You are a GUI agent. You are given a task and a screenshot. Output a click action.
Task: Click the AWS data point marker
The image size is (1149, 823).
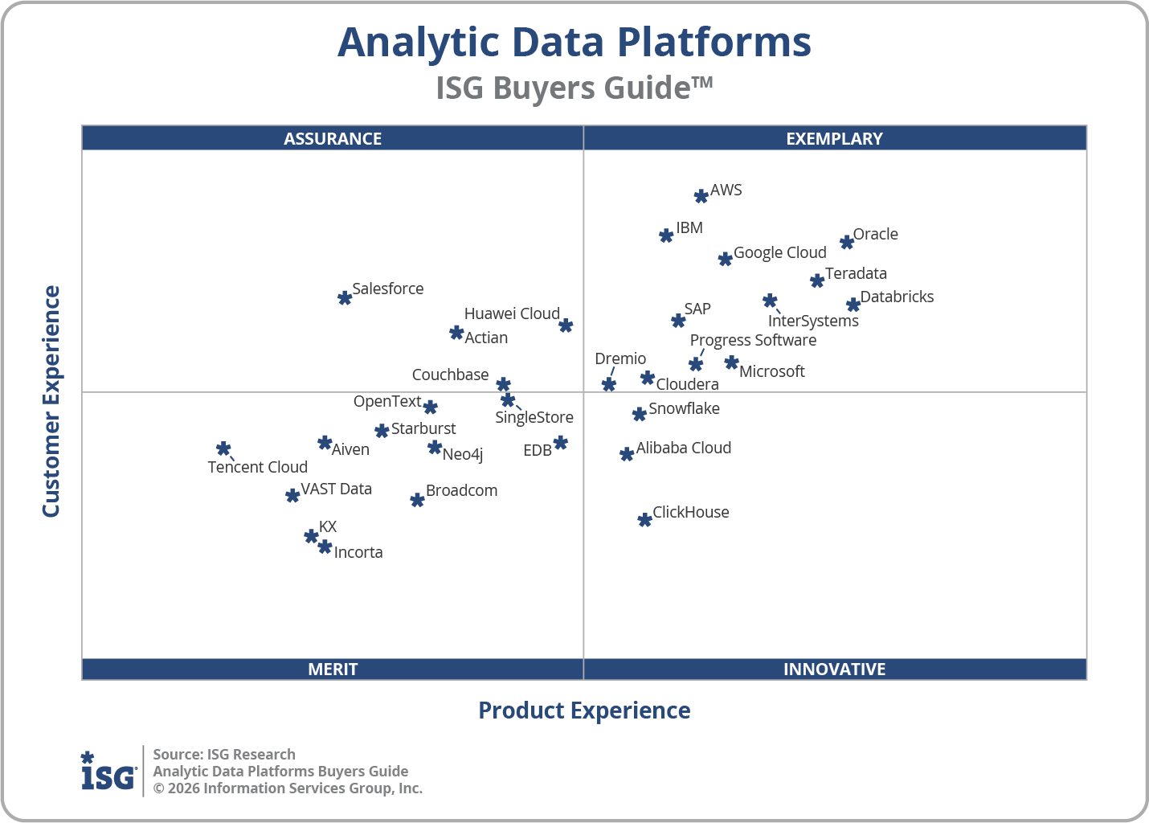(701, 195)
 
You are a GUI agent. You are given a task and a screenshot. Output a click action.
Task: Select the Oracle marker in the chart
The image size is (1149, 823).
(846, 242)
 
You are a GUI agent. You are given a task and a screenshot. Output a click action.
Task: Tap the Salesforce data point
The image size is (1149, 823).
(345, 297)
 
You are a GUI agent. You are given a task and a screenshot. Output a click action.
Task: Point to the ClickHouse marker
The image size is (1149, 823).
(644, 520)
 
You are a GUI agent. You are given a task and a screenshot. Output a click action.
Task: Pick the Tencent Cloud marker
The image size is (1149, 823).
(223, 448)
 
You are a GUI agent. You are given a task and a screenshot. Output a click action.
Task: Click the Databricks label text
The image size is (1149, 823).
(897, 297)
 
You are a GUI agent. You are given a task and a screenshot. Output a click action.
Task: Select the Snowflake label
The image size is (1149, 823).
(684, 408)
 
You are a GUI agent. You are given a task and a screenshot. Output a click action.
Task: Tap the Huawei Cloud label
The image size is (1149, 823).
(512, 313)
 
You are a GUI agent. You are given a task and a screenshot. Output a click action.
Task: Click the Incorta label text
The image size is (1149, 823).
(358, 552)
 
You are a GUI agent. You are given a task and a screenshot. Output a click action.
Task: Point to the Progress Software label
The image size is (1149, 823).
(753, 340)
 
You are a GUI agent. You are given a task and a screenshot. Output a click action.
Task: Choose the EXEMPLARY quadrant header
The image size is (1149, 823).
(834, 138)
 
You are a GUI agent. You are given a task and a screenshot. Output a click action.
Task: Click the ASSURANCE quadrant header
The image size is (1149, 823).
(333, 138)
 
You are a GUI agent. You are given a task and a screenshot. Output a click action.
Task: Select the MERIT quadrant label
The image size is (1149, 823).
(333, 669)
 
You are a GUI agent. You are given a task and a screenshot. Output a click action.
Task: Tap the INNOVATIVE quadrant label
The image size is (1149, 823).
(834, 669)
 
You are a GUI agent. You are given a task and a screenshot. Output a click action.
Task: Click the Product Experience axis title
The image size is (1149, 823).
(584, 710)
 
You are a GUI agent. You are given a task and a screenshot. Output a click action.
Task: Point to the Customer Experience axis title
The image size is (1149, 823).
(51, 402)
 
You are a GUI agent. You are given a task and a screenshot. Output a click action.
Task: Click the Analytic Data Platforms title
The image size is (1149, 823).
(574, 43)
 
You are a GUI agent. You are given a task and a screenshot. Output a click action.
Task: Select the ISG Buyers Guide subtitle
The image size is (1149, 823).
(574, 88)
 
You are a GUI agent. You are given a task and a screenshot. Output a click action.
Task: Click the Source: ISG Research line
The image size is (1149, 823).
(224, 754)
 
